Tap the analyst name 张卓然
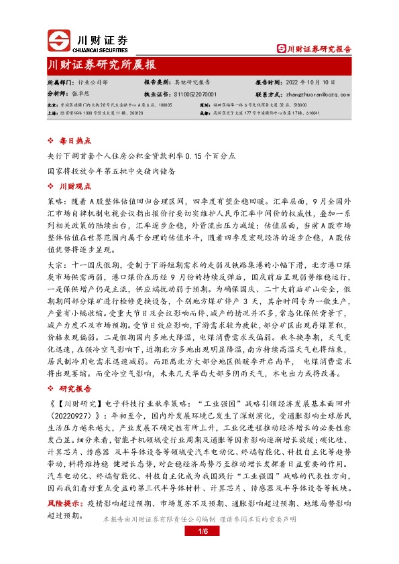(80, 95)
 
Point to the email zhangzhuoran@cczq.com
(323, 95)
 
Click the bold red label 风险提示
(62, 501)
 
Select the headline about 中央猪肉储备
(111, 170)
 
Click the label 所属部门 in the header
(60, 81)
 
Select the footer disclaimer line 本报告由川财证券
(199, 520)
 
